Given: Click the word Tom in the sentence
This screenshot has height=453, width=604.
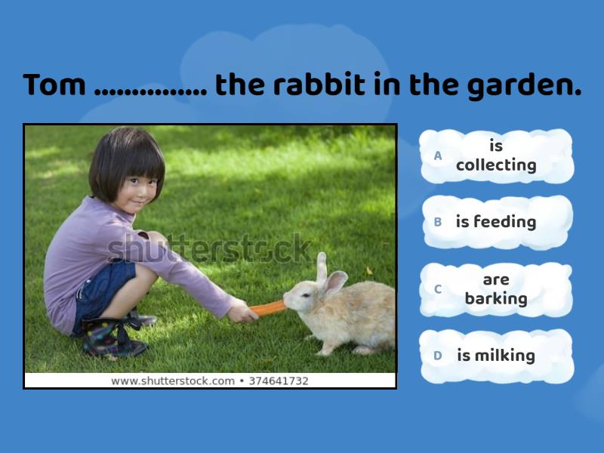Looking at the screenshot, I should point(54,85).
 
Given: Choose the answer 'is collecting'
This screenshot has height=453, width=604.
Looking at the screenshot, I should point(496,156).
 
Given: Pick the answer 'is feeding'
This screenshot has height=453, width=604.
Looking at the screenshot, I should point(495,222).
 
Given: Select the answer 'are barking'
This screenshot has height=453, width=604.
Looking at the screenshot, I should point(496,289).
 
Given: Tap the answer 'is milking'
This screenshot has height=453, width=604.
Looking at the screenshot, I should point(495,356).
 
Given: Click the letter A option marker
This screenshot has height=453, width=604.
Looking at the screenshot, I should point(438,156).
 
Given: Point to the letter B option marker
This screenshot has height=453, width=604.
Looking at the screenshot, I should point(438,223).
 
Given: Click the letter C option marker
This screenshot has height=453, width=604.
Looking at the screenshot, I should point(438,289).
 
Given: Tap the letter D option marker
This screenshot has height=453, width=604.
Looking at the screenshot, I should point(438,356).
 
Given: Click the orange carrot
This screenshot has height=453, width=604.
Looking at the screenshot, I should point(268,307).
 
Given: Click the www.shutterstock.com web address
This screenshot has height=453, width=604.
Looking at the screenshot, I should point(173,381).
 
